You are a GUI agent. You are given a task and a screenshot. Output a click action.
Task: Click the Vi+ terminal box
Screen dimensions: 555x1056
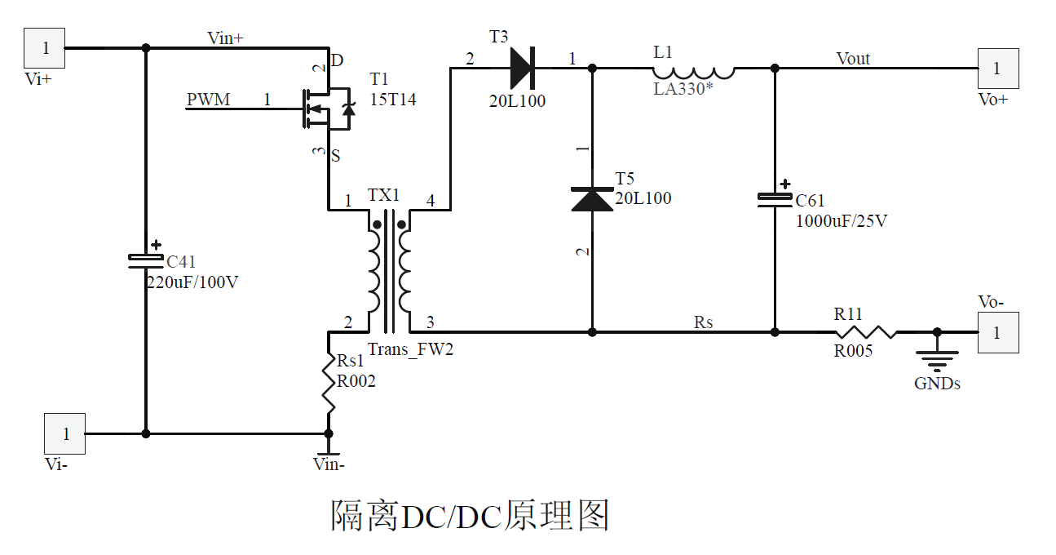coord(45,48)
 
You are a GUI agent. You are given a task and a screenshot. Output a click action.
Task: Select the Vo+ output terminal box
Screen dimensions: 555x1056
coord(997,69)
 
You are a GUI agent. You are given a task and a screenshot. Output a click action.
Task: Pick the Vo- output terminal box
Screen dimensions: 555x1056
coord(997,332)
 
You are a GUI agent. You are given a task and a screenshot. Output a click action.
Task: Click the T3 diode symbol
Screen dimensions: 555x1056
coord(522,68)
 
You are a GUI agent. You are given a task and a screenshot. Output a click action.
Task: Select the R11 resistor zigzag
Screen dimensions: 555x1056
coord(864,332)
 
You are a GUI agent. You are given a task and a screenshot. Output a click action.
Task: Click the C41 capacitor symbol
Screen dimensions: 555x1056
coord(146,259)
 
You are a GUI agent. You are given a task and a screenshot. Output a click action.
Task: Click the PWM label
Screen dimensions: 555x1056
coord(208,100)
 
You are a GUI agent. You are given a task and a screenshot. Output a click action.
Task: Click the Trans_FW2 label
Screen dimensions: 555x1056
coord(410,350)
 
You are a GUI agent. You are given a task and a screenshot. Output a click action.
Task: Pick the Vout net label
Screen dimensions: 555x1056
coord(853,59)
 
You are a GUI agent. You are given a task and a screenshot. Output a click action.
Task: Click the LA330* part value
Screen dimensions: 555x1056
coord(683,89)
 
